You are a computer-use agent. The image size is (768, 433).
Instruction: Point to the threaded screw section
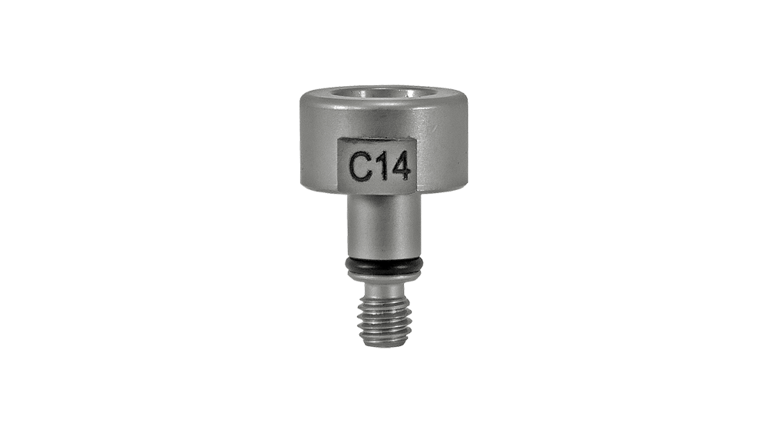(385, 318)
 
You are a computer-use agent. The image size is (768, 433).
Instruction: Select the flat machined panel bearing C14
(378, 165)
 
